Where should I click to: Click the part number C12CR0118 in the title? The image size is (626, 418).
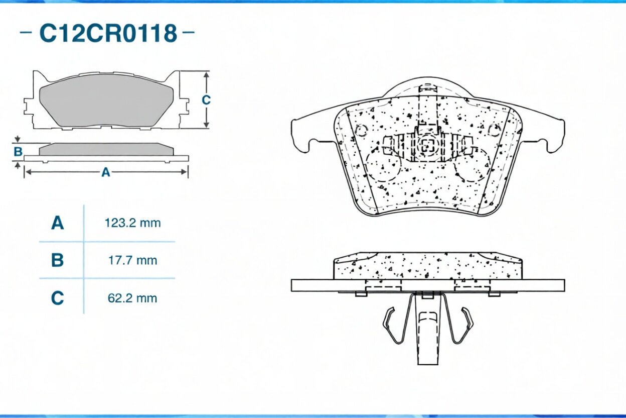pyautogui.click(x=108, y=33)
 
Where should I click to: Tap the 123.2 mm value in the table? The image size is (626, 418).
pyautogui.click(x=133, y=223)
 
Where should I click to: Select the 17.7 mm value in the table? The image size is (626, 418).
pyautogui.click(x=133, y=260)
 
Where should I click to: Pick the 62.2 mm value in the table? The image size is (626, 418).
pyautogui.click(x=132, y=298)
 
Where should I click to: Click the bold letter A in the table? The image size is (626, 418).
pyautogui.click(x=58, y=223)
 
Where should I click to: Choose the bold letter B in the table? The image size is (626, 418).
pyautogui.click(x=58, y=260)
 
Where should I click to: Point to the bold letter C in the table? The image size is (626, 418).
pyautogui.click(x=58, y=298)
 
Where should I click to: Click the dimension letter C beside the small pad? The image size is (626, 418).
pyautogui.click(x=206, y=100)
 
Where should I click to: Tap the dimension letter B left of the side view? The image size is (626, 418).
pyautogui.click(x=18, y=152)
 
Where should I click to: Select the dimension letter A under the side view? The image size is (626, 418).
pyautogui.click(x=106, y=172)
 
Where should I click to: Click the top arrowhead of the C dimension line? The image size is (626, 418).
pyautogui.click(x=206, y=75)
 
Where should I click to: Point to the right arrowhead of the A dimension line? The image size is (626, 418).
pyautogui.click(x=184, y=172)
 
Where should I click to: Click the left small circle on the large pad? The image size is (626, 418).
pyautogui.click(x=361, y=130)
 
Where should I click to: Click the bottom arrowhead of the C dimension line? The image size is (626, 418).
pyautogui.click(x=206, y=125)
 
